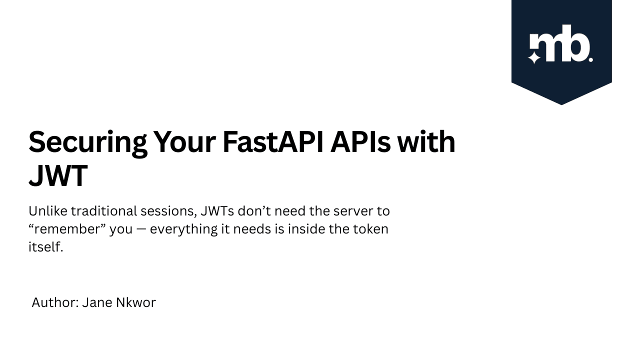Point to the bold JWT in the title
coord(58,175)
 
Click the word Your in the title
coord(183,142)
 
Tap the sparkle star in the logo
coord(534,57)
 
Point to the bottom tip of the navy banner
coord(561,104)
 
